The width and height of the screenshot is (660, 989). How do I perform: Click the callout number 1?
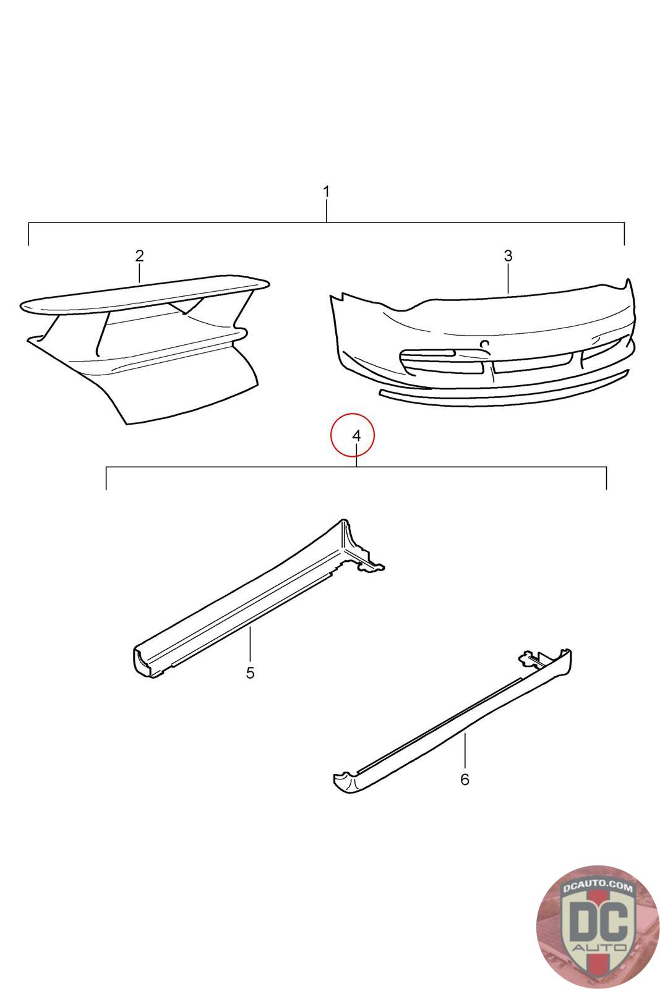(x=326, y=192)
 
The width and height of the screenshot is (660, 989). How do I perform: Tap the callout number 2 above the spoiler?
(x=139, y=256)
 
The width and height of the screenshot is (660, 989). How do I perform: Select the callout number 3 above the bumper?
(x=508, y=256)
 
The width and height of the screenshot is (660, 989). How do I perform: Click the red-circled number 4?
(x=356, y=435)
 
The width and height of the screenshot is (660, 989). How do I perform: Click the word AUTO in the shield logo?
(x=598, y=948)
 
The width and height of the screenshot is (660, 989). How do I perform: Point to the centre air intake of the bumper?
(x=533, y=362)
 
